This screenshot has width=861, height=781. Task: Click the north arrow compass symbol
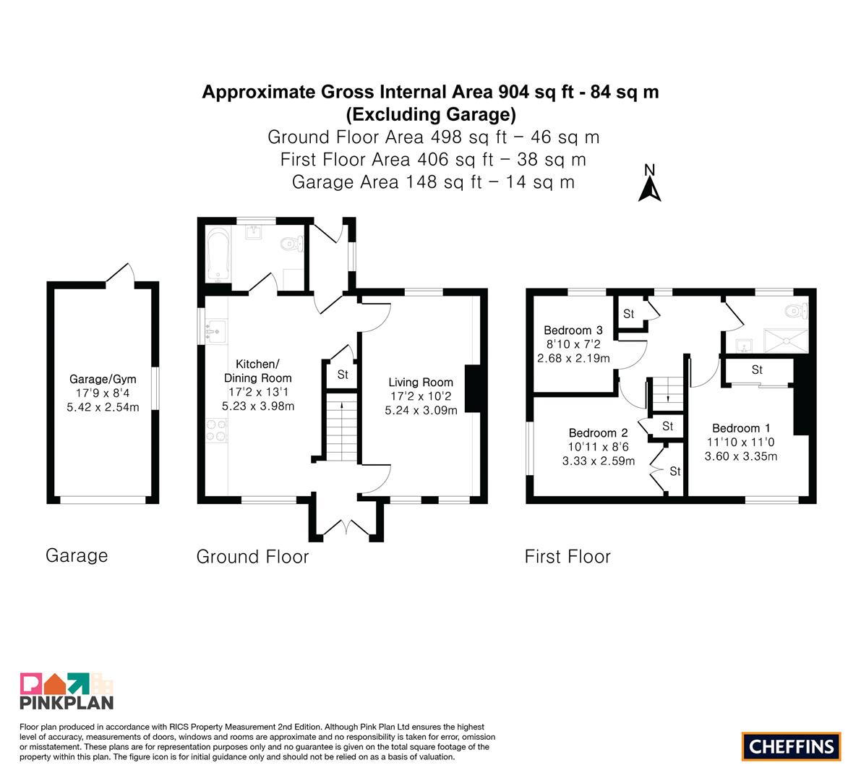[x=650, y=184]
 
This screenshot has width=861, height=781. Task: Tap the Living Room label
[x=421, y=383]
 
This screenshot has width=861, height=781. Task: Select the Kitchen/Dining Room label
[x=257, y=371]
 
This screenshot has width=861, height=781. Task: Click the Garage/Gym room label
[x=103, y=379]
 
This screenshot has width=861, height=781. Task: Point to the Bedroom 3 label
[x=573, y=330]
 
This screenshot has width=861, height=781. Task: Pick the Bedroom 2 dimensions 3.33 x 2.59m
[x=599, y=461]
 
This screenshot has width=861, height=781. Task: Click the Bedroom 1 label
[x=741, y=428]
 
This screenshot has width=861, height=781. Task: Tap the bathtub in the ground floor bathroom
[x=218, y=255]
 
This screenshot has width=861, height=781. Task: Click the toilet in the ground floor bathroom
[x=292, y=243]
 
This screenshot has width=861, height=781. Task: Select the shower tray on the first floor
[x=787, y=341]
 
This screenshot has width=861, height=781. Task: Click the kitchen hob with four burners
[x=216, y=430]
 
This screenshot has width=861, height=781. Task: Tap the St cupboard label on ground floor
[x=343, y=375]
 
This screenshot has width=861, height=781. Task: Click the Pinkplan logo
[x=67, y=691]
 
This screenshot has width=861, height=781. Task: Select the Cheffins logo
[x=792, y=746]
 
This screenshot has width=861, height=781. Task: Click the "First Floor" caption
[x=567, y=556]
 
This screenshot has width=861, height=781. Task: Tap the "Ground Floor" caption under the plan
[x=252, y=556]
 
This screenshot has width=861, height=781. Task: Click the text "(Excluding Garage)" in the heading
[x=431, y=114]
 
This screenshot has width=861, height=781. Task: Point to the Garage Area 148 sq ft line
[x=433, y=182]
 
